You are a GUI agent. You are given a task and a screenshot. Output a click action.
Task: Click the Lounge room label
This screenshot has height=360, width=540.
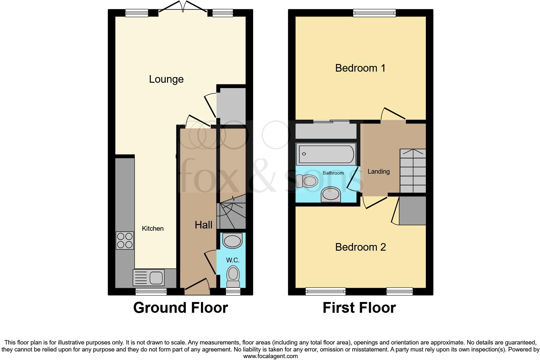166,79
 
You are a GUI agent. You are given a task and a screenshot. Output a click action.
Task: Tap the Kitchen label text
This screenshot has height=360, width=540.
152,228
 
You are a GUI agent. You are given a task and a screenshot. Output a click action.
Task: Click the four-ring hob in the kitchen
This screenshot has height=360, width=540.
125,240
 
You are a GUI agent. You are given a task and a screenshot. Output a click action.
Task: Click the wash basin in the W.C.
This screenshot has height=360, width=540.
233,241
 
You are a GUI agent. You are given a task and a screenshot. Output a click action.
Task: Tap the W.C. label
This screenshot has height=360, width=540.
233,260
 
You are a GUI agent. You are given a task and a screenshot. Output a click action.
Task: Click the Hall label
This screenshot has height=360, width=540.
203,225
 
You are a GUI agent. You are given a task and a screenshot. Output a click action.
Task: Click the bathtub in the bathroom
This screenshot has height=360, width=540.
326,154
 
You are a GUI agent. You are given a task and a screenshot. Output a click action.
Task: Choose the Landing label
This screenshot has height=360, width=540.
378,171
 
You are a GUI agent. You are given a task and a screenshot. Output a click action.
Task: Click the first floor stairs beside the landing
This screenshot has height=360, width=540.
413,171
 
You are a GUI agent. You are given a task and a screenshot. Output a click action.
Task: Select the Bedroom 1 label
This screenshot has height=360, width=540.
360,68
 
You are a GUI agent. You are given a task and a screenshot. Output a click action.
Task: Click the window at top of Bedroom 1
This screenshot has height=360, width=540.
374,13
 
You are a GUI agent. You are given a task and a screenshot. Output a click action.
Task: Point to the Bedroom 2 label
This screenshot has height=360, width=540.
360,247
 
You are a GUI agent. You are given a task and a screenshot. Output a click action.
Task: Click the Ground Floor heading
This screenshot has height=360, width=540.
180,308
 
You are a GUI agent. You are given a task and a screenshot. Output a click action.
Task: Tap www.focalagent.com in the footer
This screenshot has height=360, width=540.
270,356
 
